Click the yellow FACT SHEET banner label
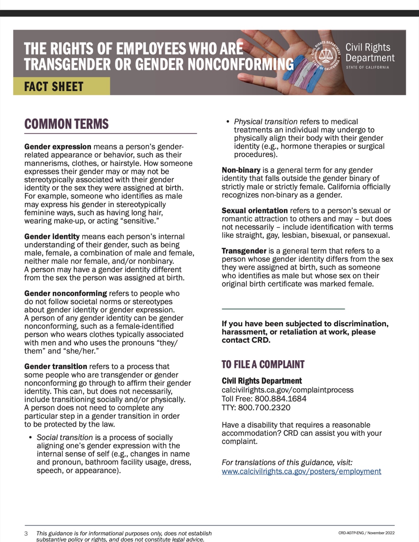coord(54,86)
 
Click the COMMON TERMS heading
coord(66,124)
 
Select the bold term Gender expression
coord(58,147)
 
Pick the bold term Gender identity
coord(52,237)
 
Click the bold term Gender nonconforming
coord(65,293)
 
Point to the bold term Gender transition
coord(55,366)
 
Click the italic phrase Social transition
coord(64,437)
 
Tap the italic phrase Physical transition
coord(265,122)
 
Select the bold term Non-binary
coord(241,170)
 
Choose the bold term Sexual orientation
coord(254,211)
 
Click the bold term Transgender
coord(244,251)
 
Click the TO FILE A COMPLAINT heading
coord(263,364)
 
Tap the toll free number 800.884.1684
coord(280,398)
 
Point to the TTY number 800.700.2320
coord(264,407)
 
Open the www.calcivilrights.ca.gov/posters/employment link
coord(301,471)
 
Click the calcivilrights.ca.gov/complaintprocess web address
coord(287,390)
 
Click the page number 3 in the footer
coord(26,534)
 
